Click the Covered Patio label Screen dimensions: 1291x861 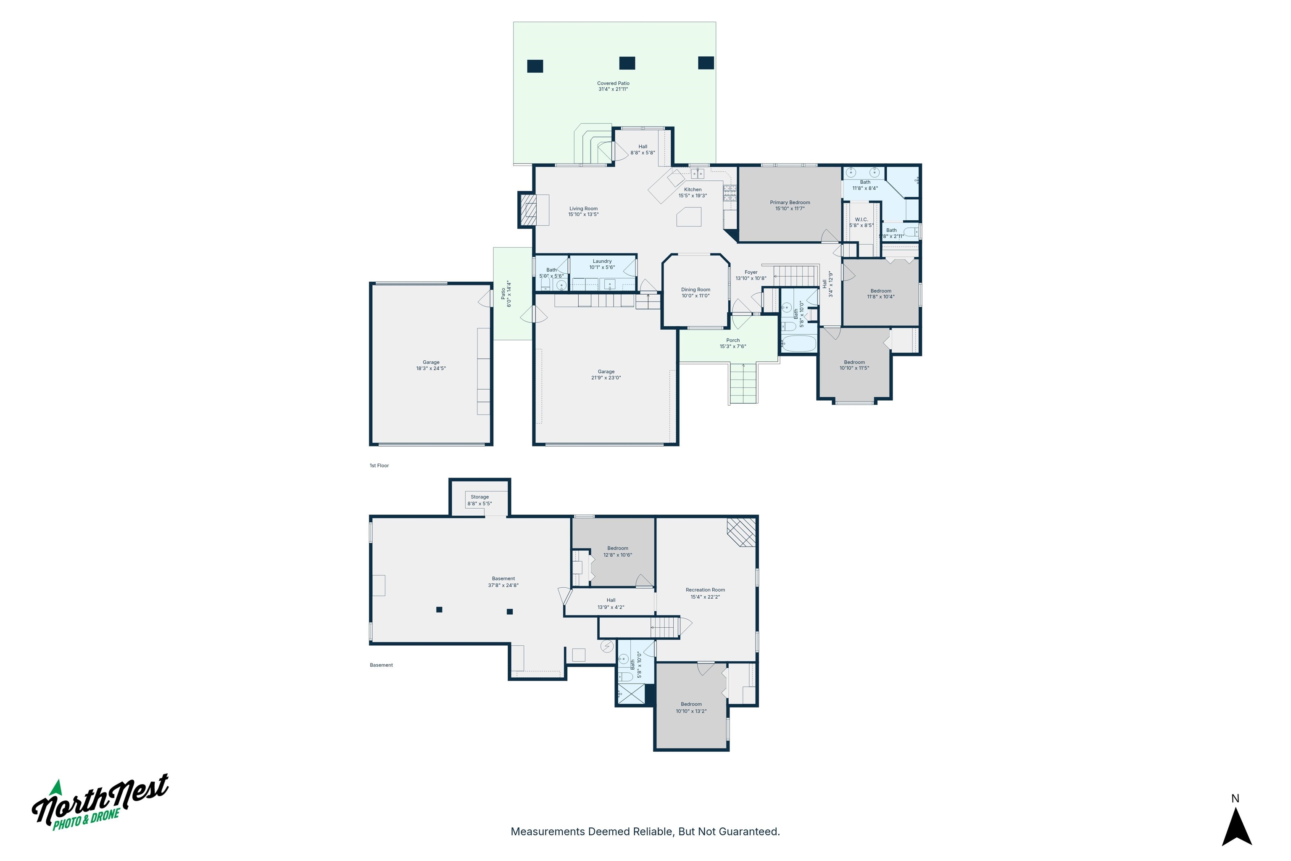click(x=613, y=84)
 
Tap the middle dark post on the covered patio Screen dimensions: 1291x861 click(x=627, y=63)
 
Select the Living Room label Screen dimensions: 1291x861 click(x=583, y=209)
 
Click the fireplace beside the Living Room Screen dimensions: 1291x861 click(x=528, y=209)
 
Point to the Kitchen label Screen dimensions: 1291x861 click(x=692, y=190)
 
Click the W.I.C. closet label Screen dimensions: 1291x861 click(x=861, y=219)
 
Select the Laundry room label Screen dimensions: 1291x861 click(x=602, y=261)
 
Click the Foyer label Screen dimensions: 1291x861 click(x=751, y=272)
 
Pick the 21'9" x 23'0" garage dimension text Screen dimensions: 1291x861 click(x=606, y=378)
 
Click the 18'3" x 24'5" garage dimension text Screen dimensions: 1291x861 click(x=431, y=368)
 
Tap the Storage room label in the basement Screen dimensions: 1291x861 click(x=480, y=497)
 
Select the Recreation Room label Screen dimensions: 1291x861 click(x=705, y=590)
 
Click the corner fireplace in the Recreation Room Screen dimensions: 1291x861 click(x=742, y=532)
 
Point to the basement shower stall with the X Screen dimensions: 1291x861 click(x=631, y=694)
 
